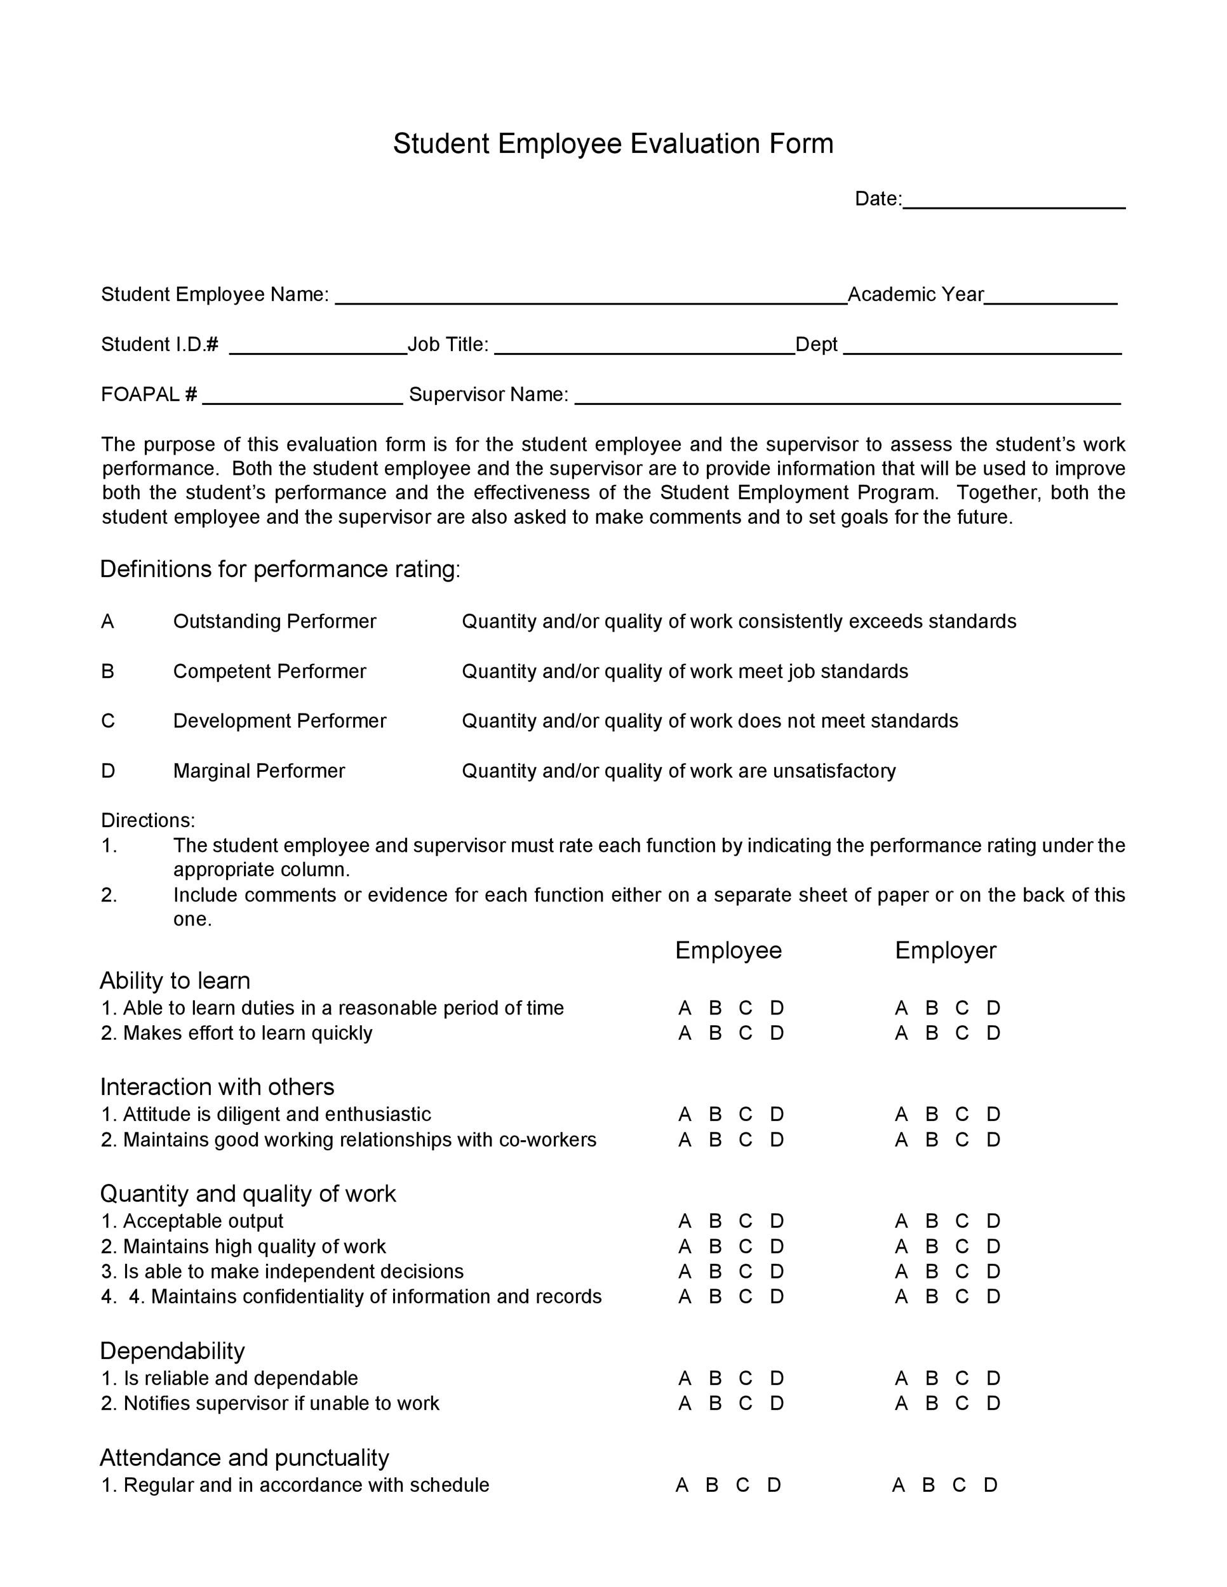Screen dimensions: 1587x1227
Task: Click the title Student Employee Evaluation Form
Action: [x=613, y=144]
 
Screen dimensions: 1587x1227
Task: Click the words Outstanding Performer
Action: [x=274, y=621]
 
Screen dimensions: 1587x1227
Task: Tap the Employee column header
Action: [x=728, y=950]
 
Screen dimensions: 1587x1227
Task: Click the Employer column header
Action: [x=945, y=950]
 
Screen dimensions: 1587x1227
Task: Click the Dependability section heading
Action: [x=172, y=1351]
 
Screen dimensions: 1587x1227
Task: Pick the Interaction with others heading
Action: [x=217, y=1086]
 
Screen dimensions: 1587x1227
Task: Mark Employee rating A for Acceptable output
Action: [x=684, y=1221]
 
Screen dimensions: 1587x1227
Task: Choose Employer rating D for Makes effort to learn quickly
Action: [x=993, y=1033]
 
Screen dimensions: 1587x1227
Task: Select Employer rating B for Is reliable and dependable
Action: [x=931, y=1378]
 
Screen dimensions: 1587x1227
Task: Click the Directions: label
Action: [x=147, y=820]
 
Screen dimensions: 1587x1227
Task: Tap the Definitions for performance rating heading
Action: [x=280, y=569]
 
